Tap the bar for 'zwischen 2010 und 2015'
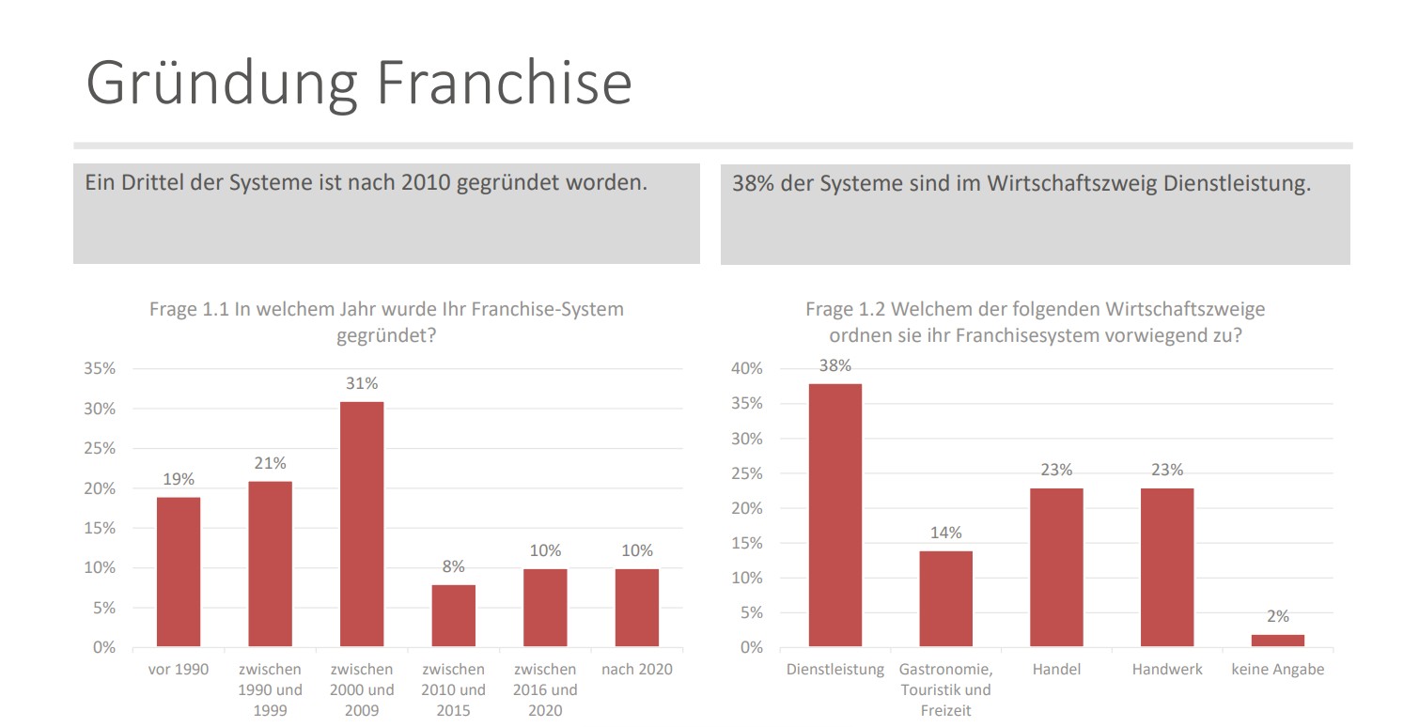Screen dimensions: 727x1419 tap(453, 615)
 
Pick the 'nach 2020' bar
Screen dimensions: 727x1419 tap(637, 608)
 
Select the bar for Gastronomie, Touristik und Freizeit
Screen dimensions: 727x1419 tap(945, 598)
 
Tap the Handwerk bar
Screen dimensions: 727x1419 tap(1167, 567)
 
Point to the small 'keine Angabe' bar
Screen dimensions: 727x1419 tap(1277, 641)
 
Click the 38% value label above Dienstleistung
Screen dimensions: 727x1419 tap(834, 366)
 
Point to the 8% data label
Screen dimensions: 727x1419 tap(453, 566)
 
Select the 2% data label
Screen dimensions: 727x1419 tap(1277, 617)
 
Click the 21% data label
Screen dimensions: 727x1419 tap(270, 463)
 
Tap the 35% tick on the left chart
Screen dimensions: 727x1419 tap(100, 369)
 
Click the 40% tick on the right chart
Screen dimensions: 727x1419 tap(747, 369)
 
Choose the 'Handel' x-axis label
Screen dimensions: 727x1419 tap(1056, 670)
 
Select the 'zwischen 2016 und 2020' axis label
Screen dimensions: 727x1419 tap(545, 690)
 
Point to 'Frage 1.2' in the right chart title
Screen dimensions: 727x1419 tap(843, 309)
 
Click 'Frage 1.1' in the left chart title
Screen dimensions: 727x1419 tap(188, 309)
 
